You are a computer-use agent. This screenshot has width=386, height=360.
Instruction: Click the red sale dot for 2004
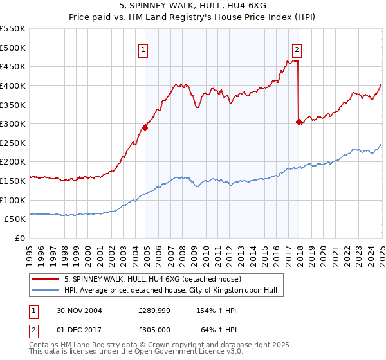click(145, 127)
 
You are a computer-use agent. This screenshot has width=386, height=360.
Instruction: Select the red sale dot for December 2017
click(299, 122)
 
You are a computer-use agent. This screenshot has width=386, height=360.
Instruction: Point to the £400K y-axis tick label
click(13, 85)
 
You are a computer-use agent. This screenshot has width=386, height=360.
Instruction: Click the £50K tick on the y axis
click(15, 219)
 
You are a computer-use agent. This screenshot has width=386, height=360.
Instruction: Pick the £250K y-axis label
click(13, 143)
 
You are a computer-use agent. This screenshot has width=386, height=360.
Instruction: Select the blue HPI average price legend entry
click(170, 291)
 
